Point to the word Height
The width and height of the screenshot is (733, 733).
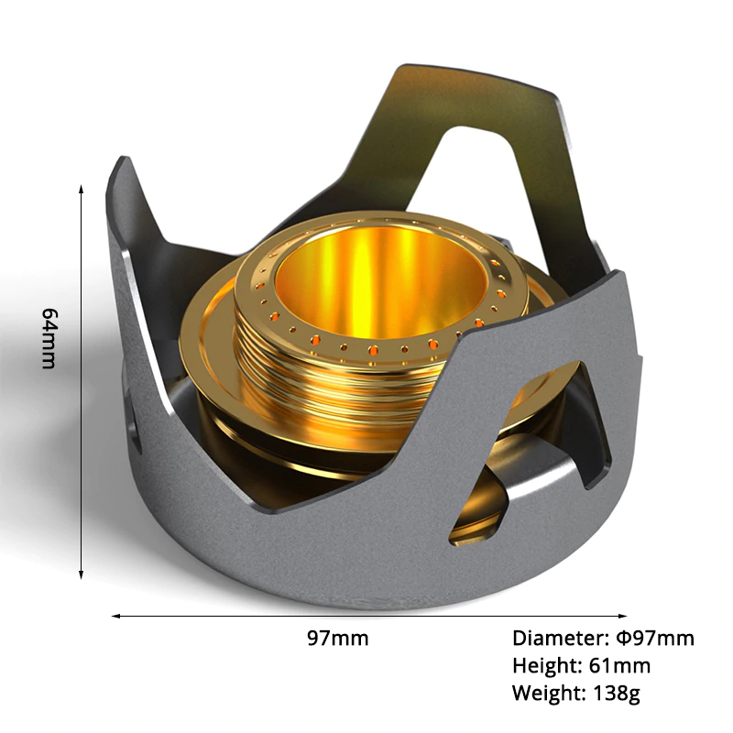545,666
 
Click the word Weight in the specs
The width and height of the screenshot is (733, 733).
548,693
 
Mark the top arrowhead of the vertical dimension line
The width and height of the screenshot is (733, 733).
82,189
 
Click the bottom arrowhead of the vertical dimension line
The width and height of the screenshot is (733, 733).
82,574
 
